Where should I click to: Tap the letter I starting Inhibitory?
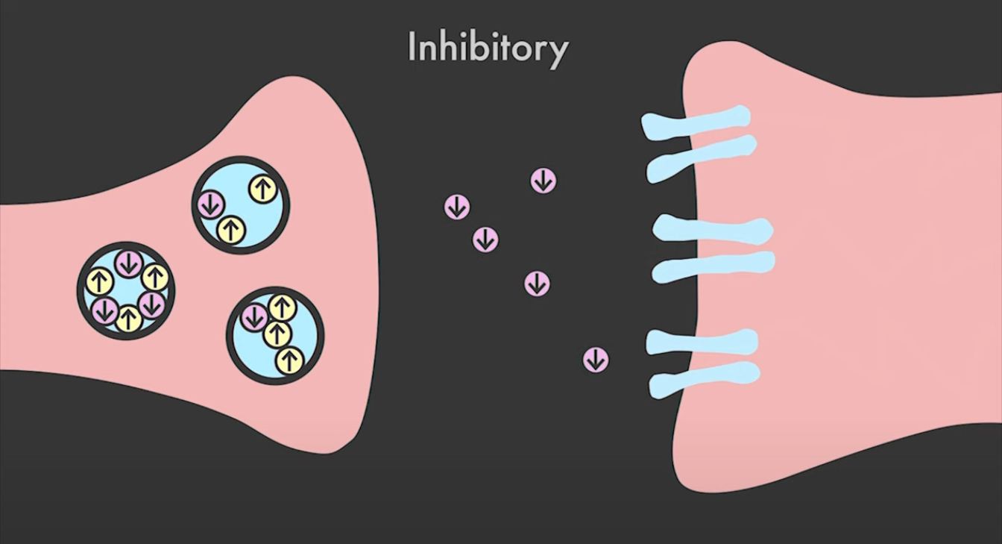412,47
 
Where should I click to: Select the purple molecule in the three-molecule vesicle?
212,204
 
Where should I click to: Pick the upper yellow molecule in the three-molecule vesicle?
262,189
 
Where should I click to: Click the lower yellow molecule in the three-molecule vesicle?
232,229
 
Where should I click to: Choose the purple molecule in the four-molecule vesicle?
254,317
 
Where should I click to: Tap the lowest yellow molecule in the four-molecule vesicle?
289,360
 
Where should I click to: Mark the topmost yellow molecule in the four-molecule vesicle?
283,307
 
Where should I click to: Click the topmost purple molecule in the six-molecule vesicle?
129,263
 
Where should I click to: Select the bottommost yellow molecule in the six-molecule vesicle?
128,319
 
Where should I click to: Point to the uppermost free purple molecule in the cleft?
543,181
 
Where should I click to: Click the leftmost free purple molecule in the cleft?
457,207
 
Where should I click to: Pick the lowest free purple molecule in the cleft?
596,360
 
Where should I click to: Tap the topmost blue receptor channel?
696,122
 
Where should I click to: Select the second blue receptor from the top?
701,157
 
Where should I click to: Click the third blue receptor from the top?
712,229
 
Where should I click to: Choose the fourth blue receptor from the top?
713,266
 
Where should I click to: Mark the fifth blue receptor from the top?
702,342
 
